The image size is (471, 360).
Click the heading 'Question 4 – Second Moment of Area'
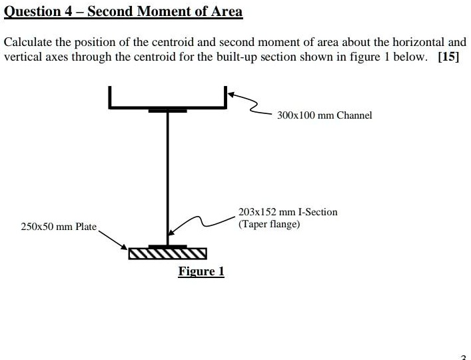tap(123, 11)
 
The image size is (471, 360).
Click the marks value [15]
tap(448, 56)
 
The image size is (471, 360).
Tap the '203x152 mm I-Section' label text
tap(288, 212)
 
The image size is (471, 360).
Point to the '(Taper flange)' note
tap(269, 224)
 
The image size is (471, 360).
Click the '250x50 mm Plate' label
tap(59, 227)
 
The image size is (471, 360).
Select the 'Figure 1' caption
tap(201, 271)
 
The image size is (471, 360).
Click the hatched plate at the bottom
tap(167, 253)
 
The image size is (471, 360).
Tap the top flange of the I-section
tap(167, 110)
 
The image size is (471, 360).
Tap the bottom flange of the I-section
tap(167, 246)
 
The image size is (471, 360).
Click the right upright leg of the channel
tap(225, 97)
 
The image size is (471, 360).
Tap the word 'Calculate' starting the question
tap(26, 42)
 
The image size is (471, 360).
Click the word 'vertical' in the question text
tap(21, 56)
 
